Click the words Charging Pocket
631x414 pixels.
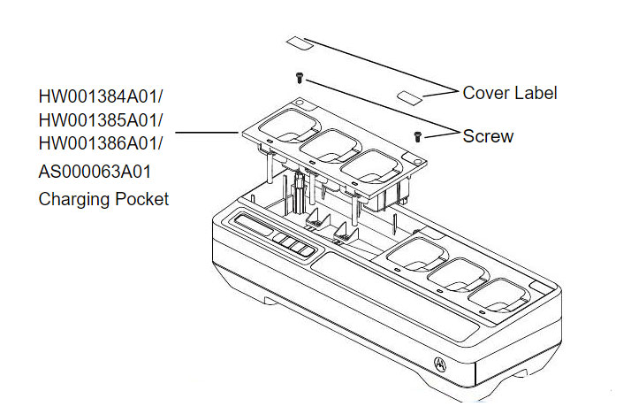(x=103, y=199)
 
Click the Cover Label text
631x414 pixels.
(x=510, y=92)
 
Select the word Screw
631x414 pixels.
(x=488, y=136)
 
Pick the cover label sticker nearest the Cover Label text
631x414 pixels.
(x=413, y=93)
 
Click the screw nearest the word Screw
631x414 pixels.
(x=418, y=136)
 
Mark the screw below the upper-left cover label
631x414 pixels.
(x=300, y=78)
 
